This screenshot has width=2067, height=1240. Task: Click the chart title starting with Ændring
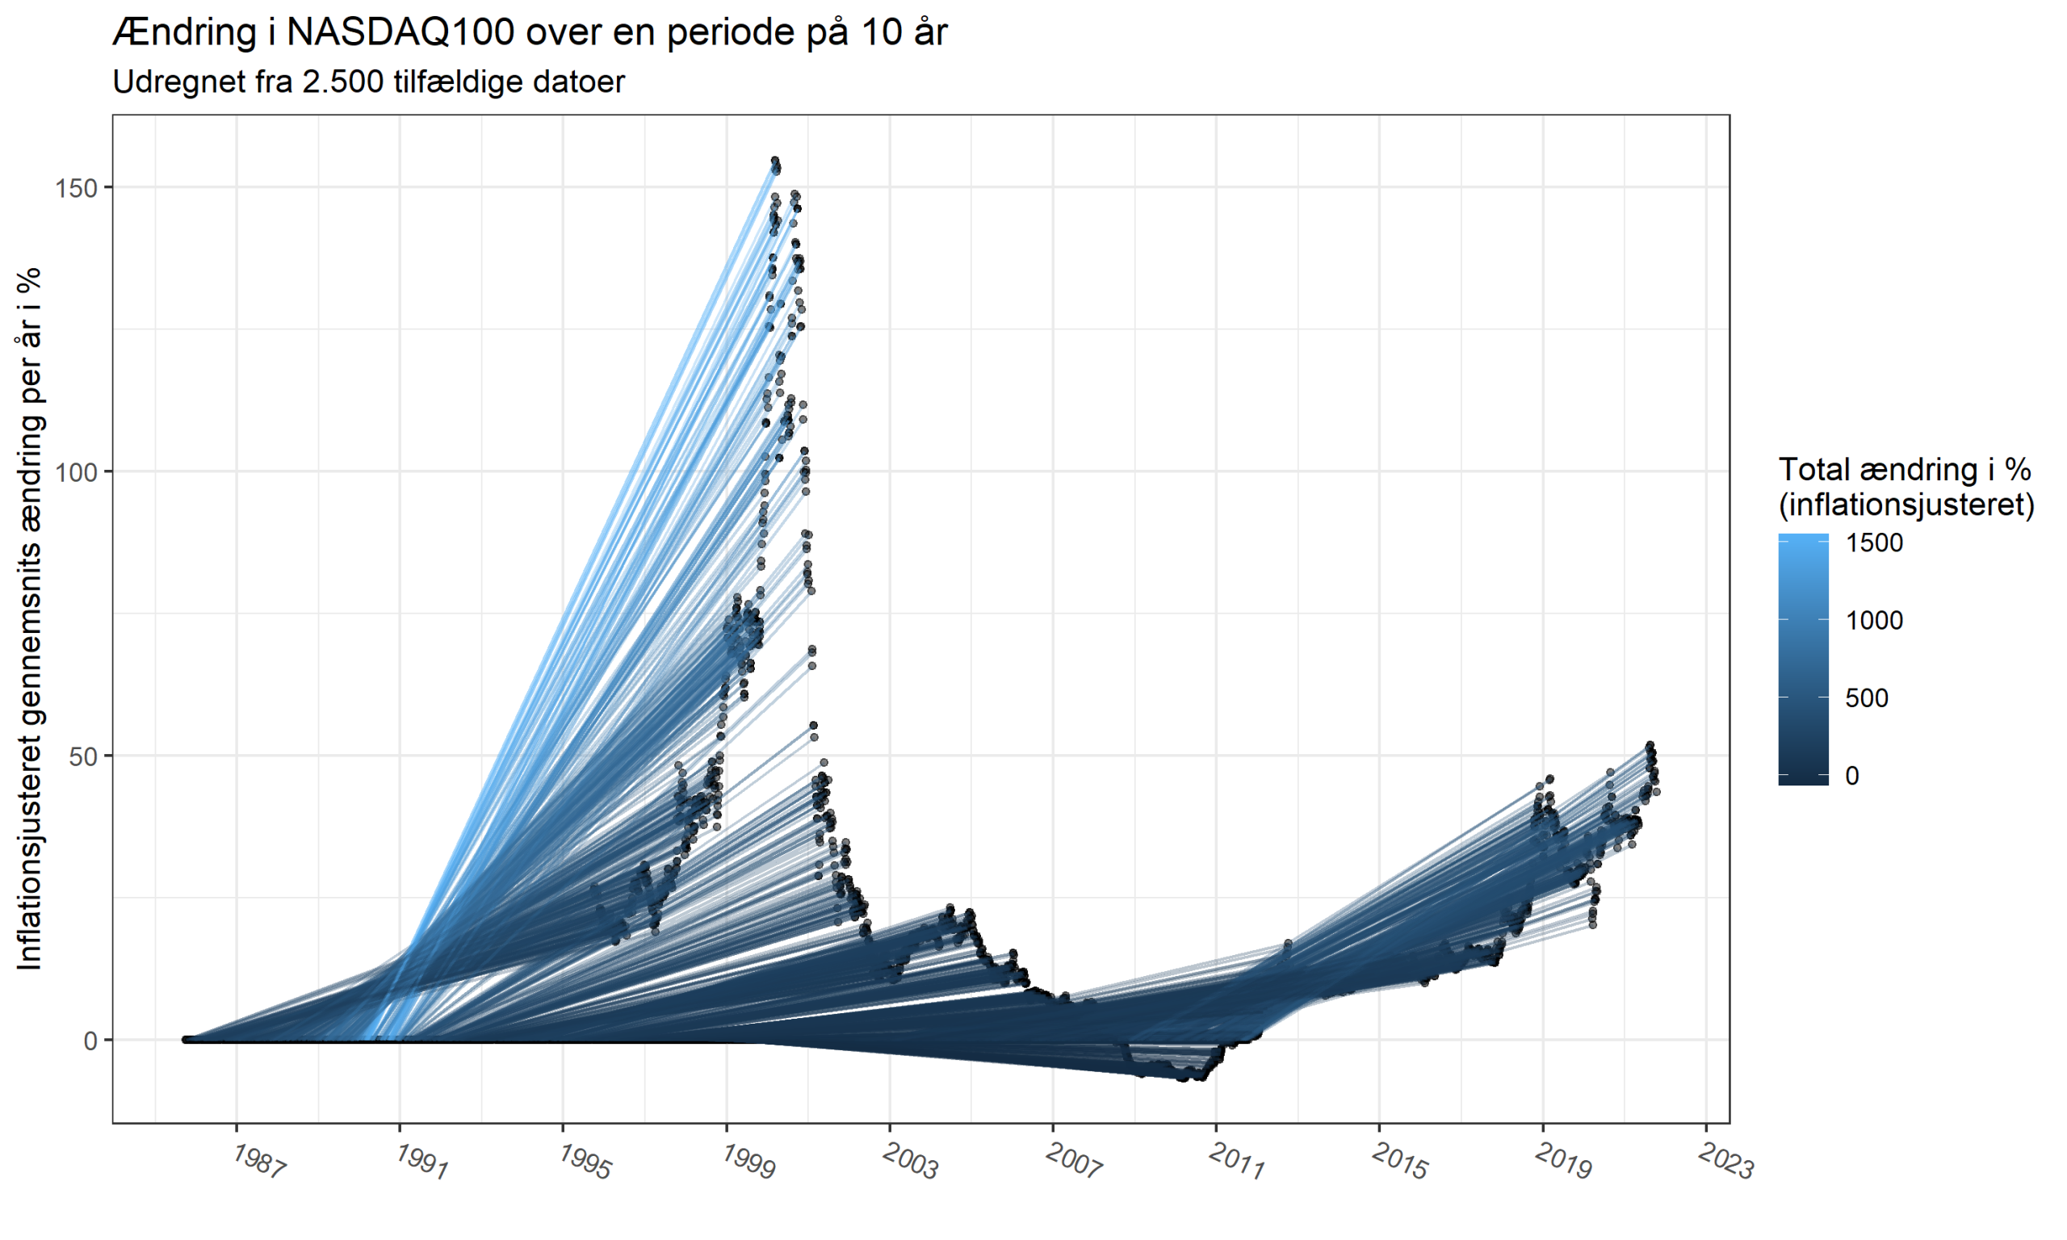[530, 33]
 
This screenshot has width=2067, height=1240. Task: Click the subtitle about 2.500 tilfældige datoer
[368, 82]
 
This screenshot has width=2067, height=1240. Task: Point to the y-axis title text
[30, 618]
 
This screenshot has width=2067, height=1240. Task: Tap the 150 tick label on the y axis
[76, 188]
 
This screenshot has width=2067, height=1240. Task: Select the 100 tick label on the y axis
[76, 472]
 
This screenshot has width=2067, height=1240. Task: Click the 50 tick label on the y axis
[82, 756]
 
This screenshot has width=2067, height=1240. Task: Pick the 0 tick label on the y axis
[90, 1041]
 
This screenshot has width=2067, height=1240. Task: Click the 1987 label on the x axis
[259, 1162]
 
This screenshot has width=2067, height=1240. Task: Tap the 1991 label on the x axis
[422, 1162]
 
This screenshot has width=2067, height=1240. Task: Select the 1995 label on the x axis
[585, 1162]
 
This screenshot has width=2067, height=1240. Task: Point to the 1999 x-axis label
[748, 1162]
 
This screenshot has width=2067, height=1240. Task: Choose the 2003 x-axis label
[911, 1162]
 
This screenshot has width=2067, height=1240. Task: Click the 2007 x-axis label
[1074, 1162]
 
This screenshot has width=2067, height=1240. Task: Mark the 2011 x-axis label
[1236, 1162]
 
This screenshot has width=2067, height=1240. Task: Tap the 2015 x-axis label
[1399, 1162]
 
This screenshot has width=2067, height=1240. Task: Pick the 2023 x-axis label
[1726, 1162]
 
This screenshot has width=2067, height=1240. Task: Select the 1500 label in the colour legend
[1874, 543]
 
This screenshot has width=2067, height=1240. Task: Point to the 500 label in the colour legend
[1867, 698]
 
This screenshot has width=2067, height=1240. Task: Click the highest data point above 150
[774, 161]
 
